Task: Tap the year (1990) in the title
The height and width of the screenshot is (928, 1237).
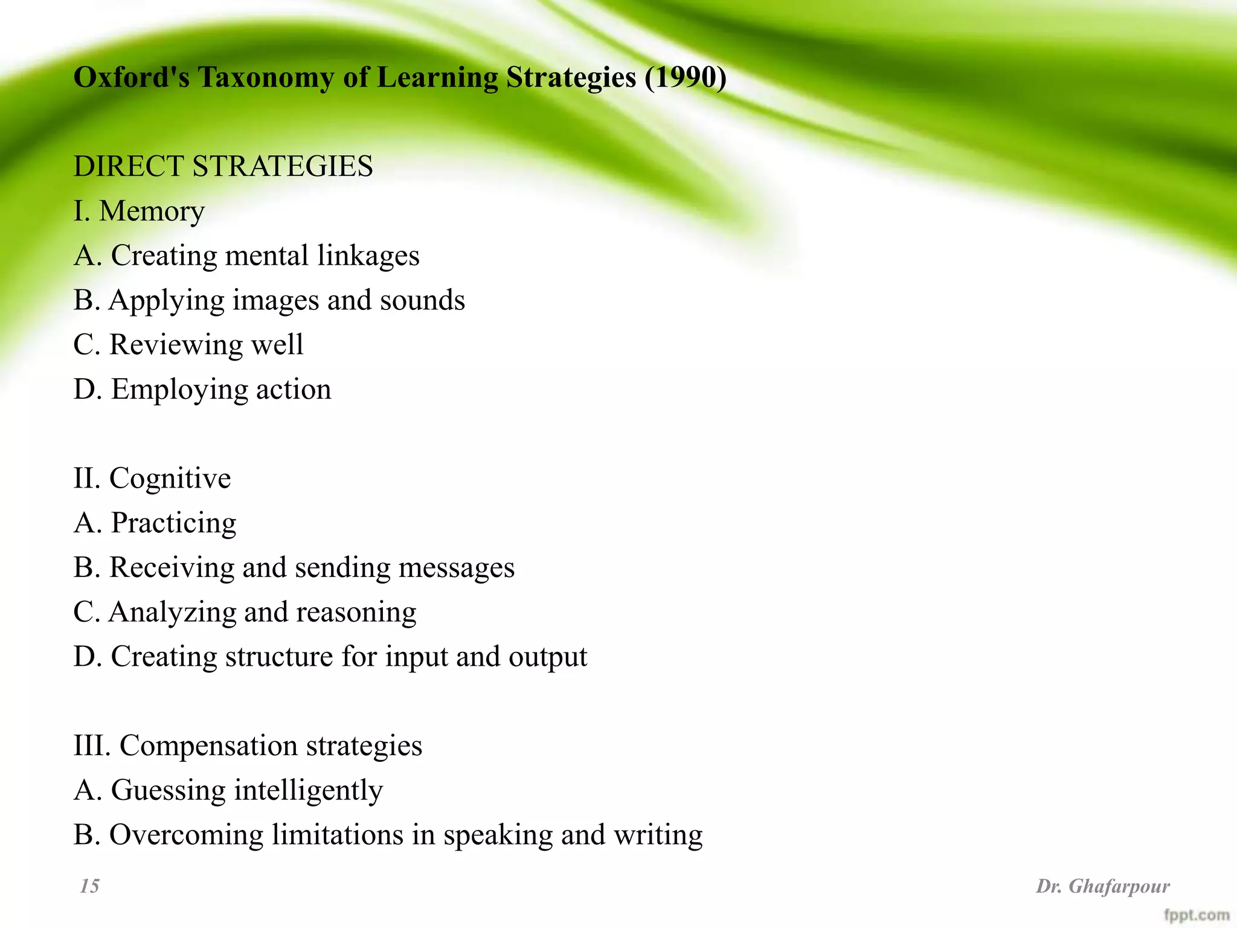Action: pos(685,77)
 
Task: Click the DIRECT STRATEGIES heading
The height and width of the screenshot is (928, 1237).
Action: pos(223,166)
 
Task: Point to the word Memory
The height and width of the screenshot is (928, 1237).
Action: pos(152,211)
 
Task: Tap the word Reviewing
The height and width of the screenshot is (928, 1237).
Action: pos(176,345)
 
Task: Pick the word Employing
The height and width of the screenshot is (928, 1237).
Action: pos(179,390)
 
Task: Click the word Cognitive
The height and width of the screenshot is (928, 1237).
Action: pos(170,478)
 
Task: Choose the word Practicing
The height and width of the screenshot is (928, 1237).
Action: pos(173,523)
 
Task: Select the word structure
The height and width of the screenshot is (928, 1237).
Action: pos(278,657)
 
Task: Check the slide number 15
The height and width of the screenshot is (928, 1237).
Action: pos(89,886)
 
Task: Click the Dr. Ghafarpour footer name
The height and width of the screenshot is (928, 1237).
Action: pos(1102,886)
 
